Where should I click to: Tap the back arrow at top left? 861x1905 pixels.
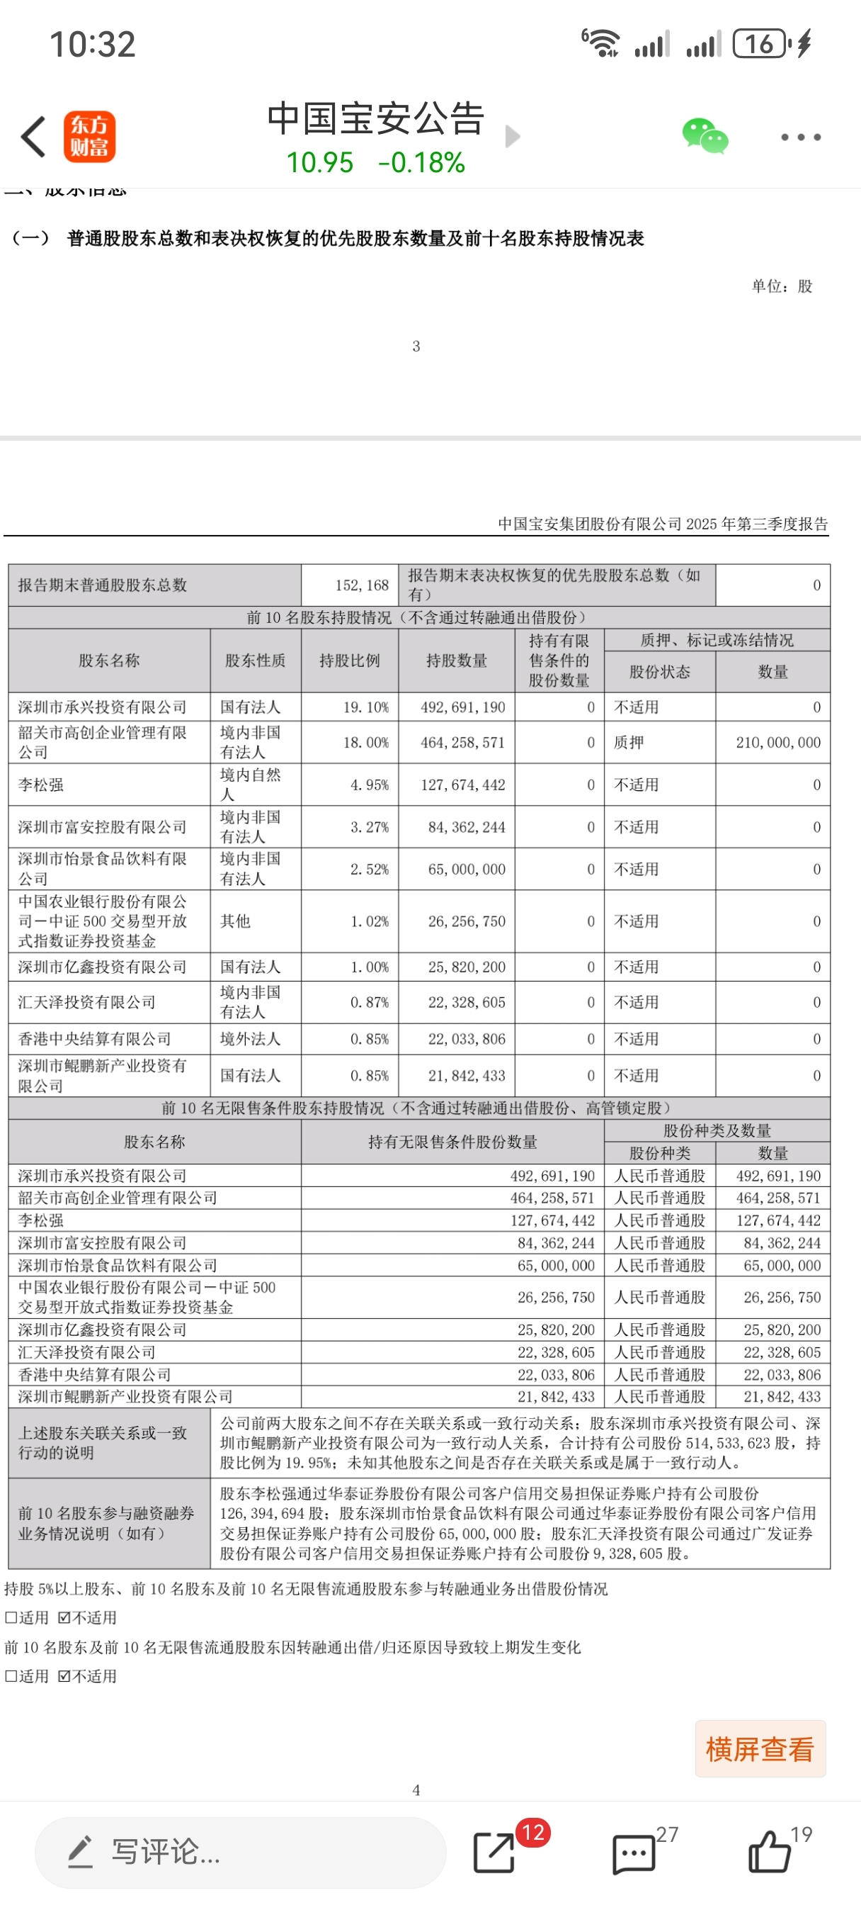34,137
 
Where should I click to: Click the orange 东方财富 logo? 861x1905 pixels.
89,137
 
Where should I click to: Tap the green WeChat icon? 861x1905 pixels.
705,137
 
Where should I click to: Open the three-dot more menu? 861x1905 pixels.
801,137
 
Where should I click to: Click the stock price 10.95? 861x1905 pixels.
320,163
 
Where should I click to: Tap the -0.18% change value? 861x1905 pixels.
421,163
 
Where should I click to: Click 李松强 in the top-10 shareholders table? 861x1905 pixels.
41,785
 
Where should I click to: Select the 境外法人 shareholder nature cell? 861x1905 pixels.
251,1039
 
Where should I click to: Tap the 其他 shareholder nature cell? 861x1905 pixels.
236,921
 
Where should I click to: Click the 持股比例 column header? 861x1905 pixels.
350,661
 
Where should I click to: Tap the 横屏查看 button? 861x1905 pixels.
760,1749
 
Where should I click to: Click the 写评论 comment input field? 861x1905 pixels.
240,1853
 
